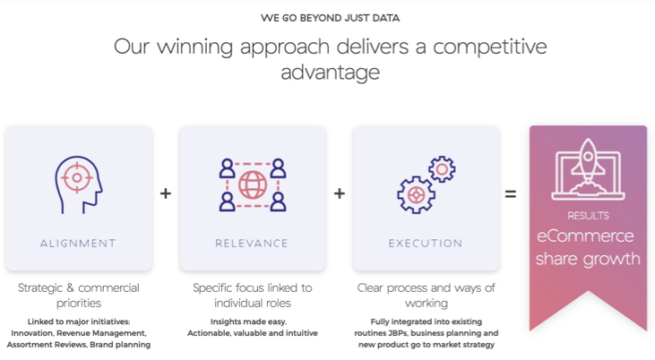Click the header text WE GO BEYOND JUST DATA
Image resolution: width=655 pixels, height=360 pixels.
[330, 18]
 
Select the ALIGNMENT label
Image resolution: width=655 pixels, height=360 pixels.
[78, 243]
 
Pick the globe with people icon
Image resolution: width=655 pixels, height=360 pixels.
[253, 184]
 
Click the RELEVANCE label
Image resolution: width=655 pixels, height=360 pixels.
[252, 243]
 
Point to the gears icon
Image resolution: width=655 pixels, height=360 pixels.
[426, 184]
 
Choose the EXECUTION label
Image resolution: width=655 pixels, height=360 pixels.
[426, 243]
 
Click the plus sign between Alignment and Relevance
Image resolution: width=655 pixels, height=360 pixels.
[166, 193]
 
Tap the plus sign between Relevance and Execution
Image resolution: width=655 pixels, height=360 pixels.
[340, 193]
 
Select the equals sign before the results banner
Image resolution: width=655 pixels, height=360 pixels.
[510, 193]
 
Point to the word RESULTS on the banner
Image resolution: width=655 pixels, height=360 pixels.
[588, 216]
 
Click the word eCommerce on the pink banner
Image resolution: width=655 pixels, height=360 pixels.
[585, 236]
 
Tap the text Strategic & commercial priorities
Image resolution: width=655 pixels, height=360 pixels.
[79, 295]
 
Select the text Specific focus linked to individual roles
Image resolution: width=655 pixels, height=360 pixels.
[253, 295]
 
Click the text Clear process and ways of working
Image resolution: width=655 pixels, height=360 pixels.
[426, 295]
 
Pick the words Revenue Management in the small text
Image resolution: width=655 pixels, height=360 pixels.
[101, 332]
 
